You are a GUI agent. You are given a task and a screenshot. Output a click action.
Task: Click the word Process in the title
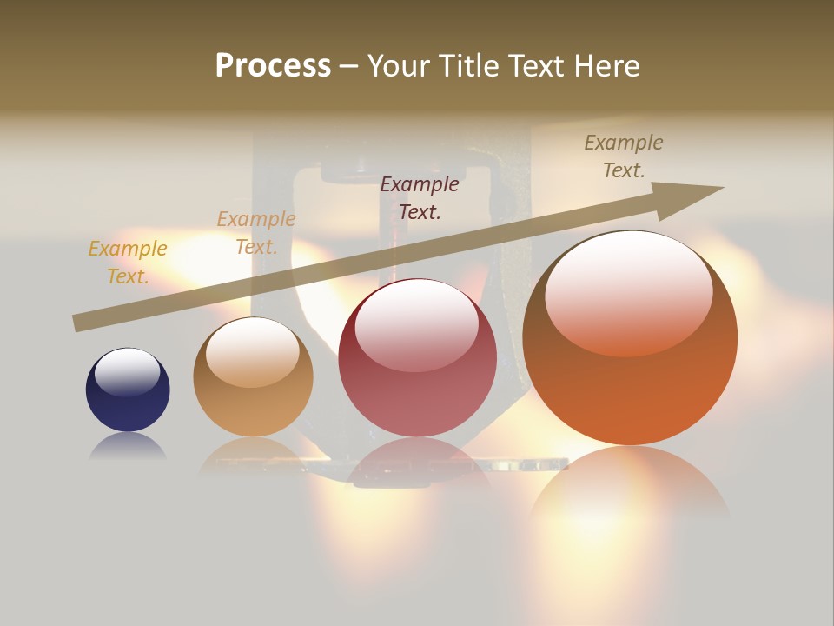273,66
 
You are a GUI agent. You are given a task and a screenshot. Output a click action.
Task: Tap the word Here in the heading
606,66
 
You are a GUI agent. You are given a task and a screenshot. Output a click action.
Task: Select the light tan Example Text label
255,233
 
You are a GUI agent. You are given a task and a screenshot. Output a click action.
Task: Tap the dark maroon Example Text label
420,197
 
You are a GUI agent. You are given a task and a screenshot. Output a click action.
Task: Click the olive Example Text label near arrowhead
624,156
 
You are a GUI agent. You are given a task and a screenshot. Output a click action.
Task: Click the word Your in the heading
400,66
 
